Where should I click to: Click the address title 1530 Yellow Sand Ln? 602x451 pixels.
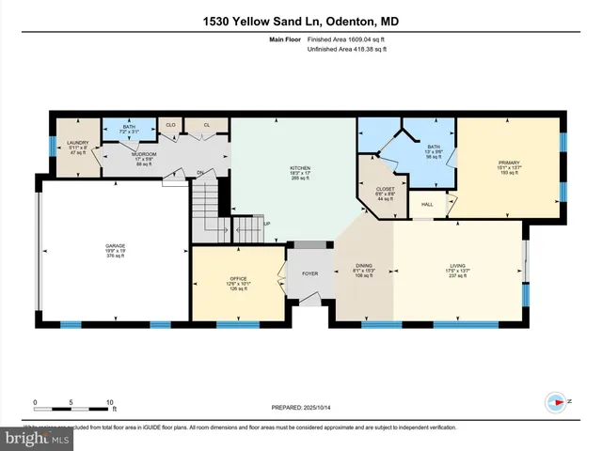pos(300,22)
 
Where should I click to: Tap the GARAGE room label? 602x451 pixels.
pos(115,246)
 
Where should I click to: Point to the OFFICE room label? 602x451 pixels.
pos(237,279)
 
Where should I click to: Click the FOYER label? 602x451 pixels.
pos(309,273)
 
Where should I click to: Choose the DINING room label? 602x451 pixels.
pos(364,266)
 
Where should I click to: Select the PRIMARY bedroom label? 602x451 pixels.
pos(508,163)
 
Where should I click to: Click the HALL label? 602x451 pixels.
pos(427,204)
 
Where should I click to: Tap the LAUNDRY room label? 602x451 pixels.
pos(77,143)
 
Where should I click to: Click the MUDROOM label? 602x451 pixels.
pos(143,154)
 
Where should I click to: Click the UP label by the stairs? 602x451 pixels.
pos(267,224)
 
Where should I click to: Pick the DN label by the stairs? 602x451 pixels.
pos(199,172)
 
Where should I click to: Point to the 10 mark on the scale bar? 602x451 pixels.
pos(110,401)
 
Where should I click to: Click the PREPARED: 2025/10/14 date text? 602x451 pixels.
pos(301,407)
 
